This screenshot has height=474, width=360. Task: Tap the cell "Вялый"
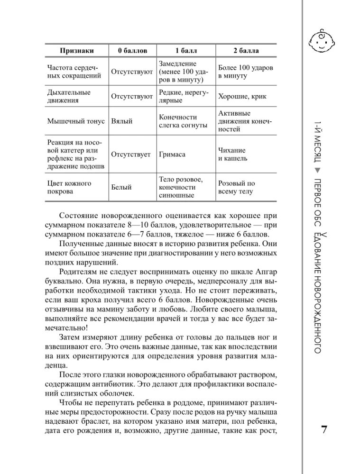[x=122, y=121]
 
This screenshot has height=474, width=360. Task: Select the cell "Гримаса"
[x=173, y=155]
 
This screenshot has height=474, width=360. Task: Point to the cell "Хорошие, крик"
[x=242, y=96]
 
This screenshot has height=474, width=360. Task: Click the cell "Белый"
[x=121, y=187]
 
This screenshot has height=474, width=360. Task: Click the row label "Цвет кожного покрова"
[x=69, y=187]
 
